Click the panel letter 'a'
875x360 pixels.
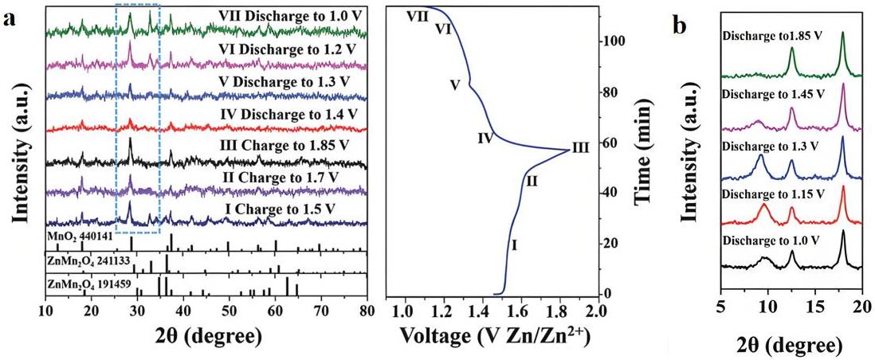(10, 22)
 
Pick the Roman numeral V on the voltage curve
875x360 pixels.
(455, 84)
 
